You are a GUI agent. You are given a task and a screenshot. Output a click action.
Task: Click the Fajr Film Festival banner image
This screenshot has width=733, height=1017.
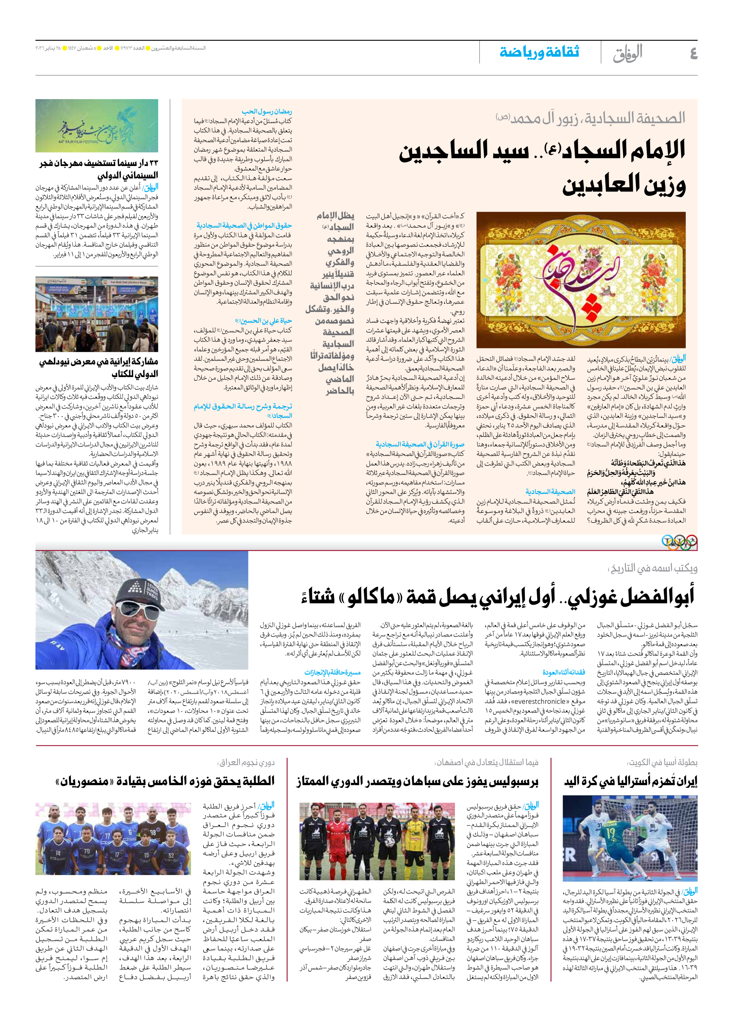tap(97, 126)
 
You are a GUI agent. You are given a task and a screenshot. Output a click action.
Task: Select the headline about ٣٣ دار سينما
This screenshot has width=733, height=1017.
tap(99, 169)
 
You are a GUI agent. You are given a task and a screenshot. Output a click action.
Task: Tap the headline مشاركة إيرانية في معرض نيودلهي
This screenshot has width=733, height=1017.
tap(99, 367)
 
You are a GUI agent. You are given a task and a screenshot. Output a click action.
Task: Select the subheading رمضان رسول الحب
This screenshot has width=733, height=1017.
tap(267, 111)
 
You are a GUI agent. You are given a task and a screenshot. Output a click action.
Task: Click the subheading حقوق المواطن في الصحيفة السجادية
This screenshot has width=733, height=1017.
tap(244, 225)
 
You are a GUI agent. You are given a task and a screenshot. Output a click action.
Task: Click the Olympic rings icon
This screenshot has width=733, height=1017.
tap(679, 542)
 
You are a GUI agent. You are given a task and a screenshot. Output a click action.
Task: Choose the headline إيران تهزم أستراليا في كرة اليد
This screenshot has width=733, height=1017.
tap(630, 782)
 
